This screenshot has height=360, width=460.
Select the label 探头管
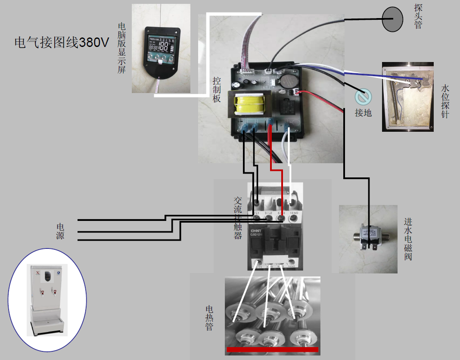[x=418, y=16]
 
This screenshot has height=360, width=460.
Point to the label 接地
[x=363, y=113]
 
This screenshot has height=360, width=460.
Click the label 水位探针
[x=445, y=101]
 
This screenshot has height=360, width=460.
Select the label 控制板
[x=217, y=90]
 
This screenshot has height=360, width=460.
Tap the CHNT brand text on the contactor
[x=257, y=231]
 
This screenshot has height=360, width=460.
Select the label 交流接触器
[x=238, y=218]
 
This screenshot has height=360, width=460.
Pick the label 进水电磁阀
[x=408, y=239]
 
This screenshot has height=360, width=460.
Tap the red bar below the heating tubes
[x=272, y=349]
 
